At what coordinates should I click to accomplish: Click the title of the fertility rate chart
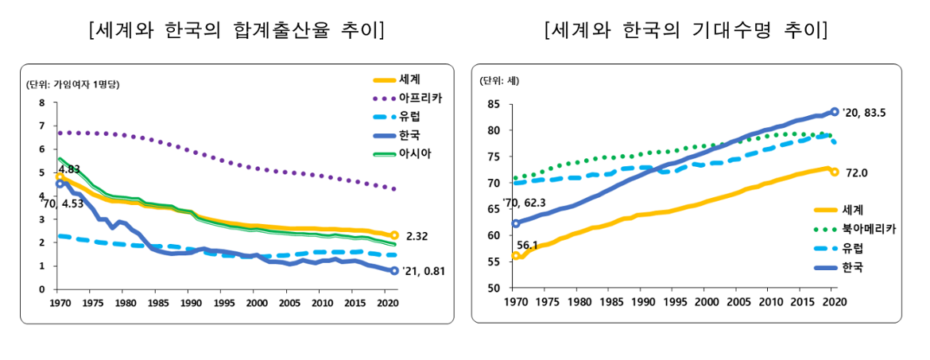click(238, 31)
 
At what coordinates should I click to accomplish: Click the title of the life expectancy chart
click(687, 31)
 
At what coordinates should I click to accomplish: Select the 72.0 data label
click(856, 172)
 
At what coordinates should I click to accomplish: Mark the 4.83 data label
click(70, 168)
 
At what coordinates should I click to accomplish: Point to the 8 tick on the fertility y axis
click(43, 103)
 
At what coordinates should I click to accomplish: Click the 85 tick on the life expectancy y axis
click(494, 104)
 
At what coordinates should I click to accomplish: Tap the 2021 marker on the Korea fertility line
click(394, 271)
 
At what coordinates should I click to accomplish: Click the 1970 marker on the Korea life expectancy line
click(517, 223)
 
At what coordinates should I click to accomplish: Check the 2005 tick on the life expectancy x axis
click(738, 301)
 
